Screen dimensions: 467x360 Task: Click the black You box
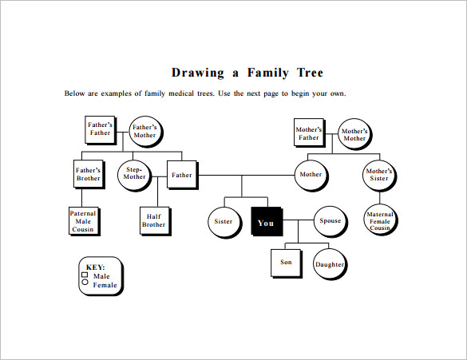[x=267, y=222]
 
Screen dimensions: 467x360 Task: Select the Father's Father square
[x=101, y=130]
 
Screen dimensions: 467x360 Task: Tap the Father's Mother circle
[x=145, y=132]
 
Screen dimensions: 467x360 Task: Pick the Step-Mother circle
[x=135, y=176]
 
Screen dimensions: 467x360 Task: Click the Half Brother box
[x=155, y=221]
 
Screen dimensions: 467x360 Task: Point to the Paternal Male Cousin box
[x=85, y=222]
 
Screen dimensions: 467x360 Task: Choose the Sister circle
[x=224, y=222]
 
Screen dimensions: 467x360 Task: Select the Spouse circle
[x=330, y=222]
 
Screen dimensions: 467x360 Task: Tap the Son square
[x=287, y=263]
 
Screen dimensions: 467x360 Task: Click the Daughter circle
[x=330, y=264]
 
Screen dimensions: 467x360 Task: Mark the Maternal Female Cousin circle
[x=381, y=220]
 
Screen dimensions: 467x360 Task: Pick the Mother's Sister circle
[x=379, y=176]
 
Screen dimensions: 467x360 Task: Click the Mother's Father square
[x=310, y=133]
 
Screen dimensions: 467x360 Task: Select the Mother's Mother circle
[x=355, y=134]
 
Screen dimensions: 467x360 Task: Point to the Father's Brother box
[x=89, y=175]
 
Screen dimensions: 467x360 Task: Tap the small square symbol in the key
[x=85, y=275]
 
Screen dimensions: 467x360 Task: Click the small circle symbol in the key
[x=85, y=282]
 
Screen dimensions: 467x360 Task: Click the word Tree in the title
[x=310, y=73]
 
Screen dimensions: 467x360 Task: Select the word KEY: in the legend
[x=95, y=267]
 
